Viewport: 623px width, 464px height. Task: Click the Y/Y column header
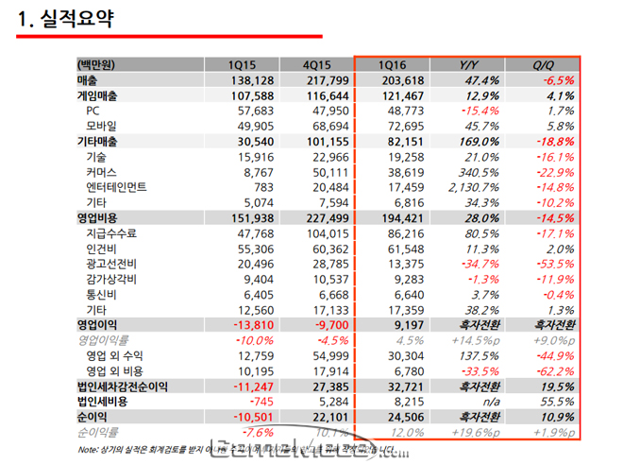[x=469, y=65]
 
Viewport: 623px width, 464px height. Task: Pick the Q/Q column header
[x=544, y=65]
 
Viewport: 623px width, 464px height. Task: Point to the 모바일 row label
[x=103, y=126]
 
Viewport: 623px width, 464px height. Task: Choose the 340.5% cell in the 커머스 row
[x=479, y=172]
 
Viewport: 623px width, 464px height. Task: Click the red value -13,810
[x=250, y=324]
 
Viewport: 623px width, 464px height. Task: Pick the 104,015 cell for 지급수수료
[x=320, y=232]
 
